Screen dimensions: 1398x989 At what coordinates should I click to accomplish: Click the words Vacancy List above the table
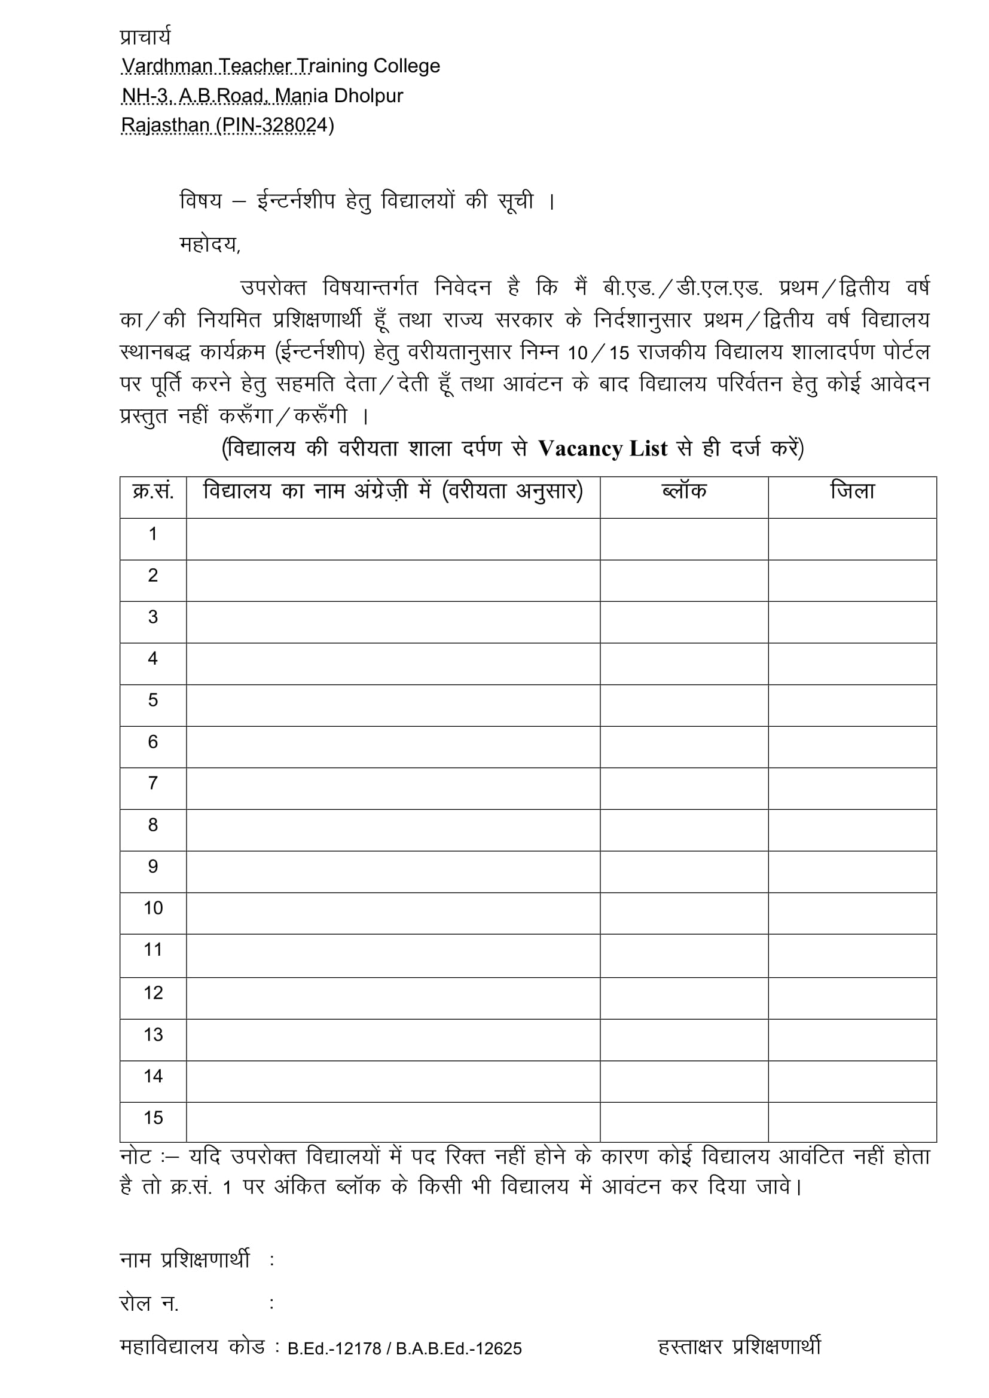point(603,449)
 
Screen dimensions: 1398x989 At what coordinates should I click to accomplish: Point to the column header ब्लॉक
point(684,491)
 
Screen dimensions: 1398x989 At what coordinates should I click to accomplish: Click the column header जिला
point(852,491)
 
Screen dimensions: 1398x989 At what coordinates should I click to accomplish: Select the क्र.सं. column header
point(153,491)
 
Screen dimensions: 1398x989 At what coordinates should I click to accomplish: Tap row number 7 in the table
point(153,783)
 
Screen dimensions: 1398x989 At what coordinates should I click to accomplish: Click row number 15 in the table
point(153,1118)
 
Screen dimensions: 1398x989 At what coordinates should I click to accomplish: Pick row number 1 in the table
point(153,534)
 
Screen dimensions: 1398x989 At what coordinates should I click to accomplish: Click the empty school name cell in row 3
point(393,622)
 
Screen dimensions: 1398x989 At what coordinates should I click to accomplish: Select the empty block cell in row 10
point(684,913)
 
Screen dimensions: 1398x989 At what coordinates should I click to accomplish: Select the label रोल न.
point(149,1304)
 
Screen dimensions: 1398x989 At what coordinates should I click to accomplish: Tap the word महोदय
point(209,245)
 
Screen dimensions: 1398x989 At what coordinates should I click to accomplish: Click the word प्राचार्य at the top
point(145,36)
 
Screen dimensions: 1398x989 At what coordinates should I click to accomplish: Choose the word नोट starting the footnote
point(136,1157)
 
